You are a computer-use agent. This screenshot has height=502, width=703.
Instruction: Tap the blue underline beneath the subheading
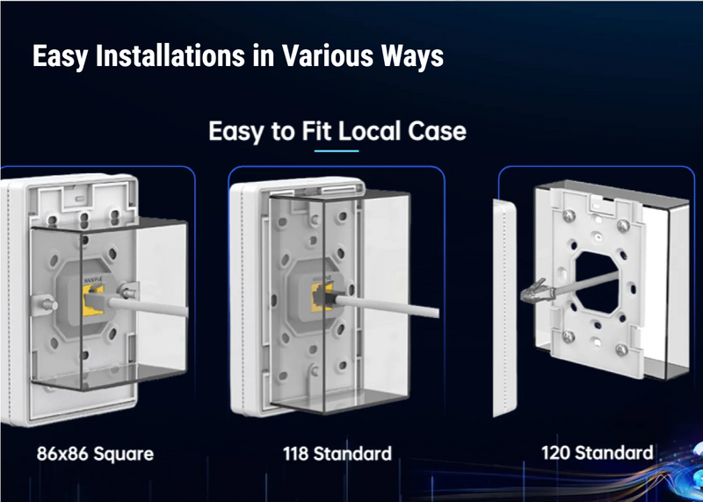click(x=337, y=151)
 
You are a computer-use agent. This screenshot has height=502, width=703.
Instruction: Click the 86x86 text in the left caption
click(x=65, y=455)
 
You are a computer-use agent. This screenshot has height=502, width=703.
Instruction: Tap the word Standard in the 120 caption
click(x=615, y=454)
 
